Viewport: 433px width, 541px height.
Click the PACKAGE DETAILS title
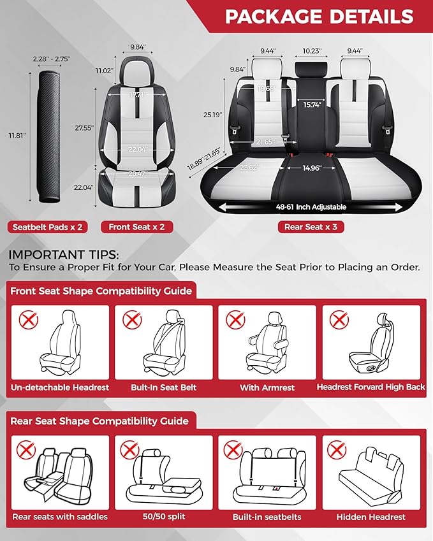coord(319,17)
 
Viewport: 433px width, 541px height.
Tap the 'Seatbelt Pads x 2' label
coord(47,226)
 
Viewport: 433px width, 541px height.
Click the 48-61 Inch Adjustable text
coord(311,207)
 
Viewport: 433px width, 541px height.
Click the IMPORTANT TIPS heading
coord(59,254)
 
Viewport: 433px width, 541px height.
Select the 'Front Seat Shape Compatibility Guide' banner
coord(101,291)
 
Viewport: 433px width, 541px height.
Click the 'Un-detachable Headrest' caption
coord(60,387)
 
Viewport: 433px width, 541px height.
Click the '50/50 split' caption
coord(164,517)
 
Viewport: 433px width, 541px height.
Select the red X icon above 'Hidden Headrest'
coord(337,449)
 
